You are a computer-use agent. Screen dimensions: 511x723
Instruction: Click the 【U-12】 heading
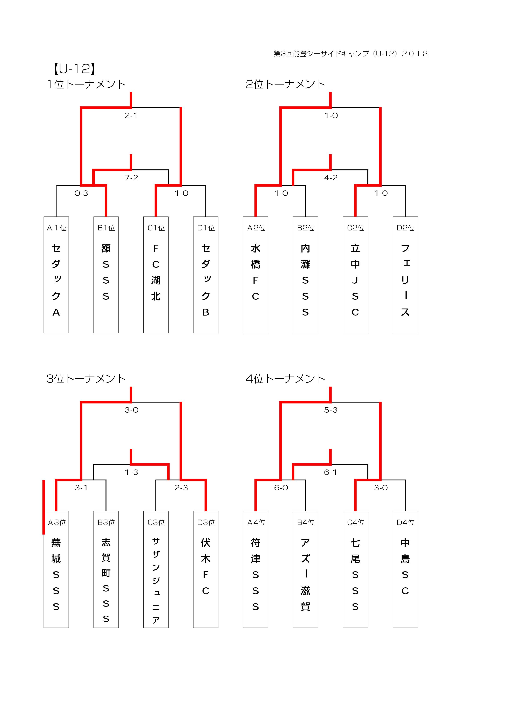pos(75,69)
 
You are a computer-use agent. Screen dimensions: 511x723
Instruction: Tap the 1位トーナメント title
pos(86,84)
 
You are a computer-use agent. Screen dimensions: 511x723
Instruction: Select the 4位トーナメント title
pos(285,379)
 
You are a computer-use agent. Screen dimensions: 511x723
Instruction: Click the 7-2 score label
pos(131,178)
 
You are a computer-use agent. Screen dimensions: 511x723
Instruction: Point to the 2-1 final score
pos(131,116)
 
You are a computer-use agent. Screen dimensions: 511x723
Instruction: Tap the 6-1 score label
pos(330,472)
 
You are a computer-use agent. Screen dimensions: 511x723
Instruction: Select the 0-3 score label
pos(81,193)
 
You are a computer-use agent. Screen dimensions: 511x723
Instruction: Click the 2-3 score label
pos(181,488)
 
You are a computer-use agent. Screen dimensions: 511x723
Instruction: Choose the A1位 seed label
pos(57,228)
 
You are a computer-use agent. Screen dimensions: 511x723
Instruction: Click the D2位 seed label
pos(405,228)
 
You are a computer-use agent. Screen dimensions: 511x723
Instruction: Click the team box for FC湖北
pos(156,275)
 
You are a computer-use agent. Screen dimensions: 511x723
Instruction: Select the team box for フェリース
pos(405,275)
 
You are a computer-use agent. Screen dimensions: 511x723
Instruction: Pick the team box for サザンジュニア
pos(156,569)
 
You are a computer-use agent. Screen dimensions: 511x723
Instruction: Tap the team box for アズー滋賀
pos(305,569)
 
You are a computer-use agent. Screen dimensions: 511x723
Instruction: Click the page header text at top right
pos(351,54)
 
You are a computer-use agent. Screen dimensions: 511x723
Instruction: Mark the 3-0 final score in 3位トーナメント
pos(131,410)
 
